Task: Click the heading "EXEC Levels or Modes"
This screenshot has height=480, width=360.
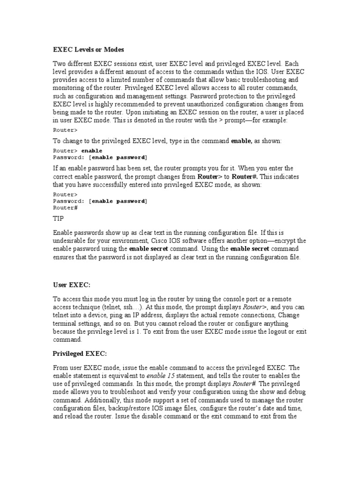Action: coord(88,49)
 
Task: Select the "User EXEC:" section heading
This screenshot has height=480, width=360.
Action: coord(71,284)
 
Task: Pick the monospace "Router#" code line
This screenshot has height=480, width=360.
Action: coord(65,207)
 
